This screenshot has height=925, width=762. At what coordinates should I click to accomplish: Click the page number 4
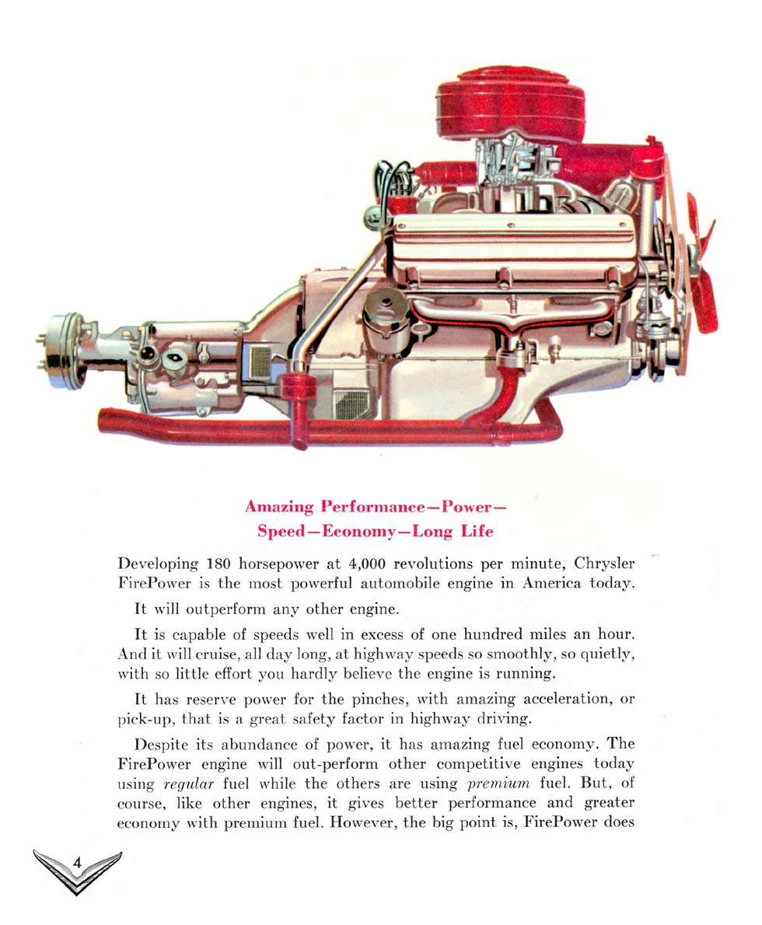(77, 862)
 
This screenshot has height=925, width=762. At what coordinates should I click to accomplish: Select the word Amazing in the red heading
(279, 507)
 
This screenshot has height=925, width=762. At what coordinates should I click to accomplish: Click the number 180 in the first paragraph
(218, 564)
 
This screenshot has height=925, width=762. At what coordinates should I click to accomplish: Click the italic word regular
(188, 784)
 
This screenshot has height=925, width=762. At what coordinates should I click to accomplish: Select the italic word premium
(498, 784)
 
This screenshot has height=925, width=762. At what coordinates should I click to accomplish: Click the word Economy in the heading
(359, 532)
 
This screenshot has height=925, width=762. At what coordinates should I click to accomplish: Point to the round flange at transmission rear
(63, 351)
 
